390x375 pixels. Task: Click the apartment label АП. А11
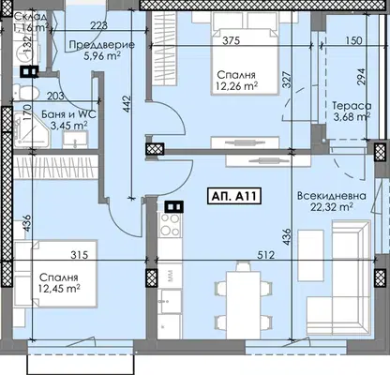pos(234,196)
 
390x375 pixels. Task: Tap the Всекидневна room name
pos(331,196)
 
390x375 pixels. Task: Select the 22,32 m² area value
pos(332,207)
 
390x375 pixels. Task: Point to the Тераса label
pos(352,106)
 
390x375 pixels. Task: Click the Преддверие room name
pos(102,45)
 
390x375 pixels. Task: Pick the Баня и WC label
pos(68,114)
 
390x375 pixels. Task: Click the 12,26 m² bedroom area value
pos(237,86)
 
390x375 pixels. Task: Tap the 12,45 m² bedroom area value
pos(59,289)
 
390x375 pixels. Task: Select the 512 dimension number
pos(265,255)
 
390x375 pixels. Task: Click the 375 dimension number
pos(231,40)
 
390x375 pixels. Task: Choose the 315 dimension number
pos(79,255)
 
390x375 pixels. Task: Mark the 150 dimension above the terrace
pos(354,40)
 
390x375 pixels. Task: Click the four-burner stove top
pos(170,224)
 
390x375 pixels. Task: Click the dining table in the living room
pos(243,305)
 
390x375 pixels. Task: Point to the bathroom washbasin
pos(75,140)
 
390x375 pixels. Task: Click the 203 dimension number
pos(55,97)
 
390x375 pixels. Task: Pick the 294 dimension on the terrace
pos(361,77)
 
